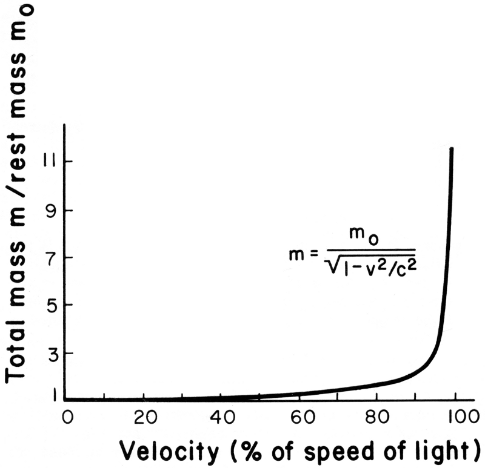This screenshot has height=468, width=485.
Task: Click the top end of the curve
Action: click(451, 148)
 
